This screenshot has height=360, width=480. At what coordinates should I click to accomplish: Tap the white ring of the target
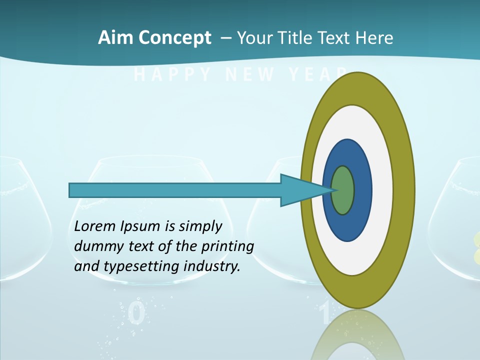point(382,190)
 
